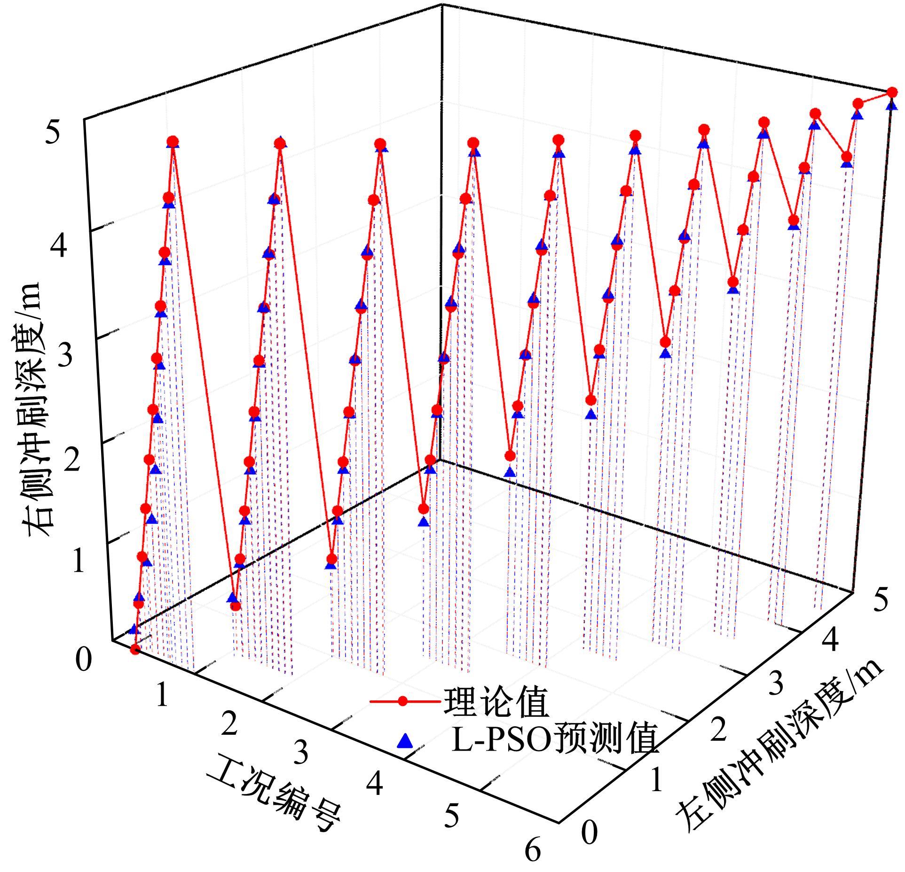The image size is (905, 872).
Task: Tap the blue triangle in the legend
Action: tap(404, 741)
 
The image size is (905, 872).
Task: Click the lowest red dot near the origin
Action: tap(135, 650)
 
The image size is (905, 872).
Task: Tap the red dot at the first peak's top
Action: tap(173, 141)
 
